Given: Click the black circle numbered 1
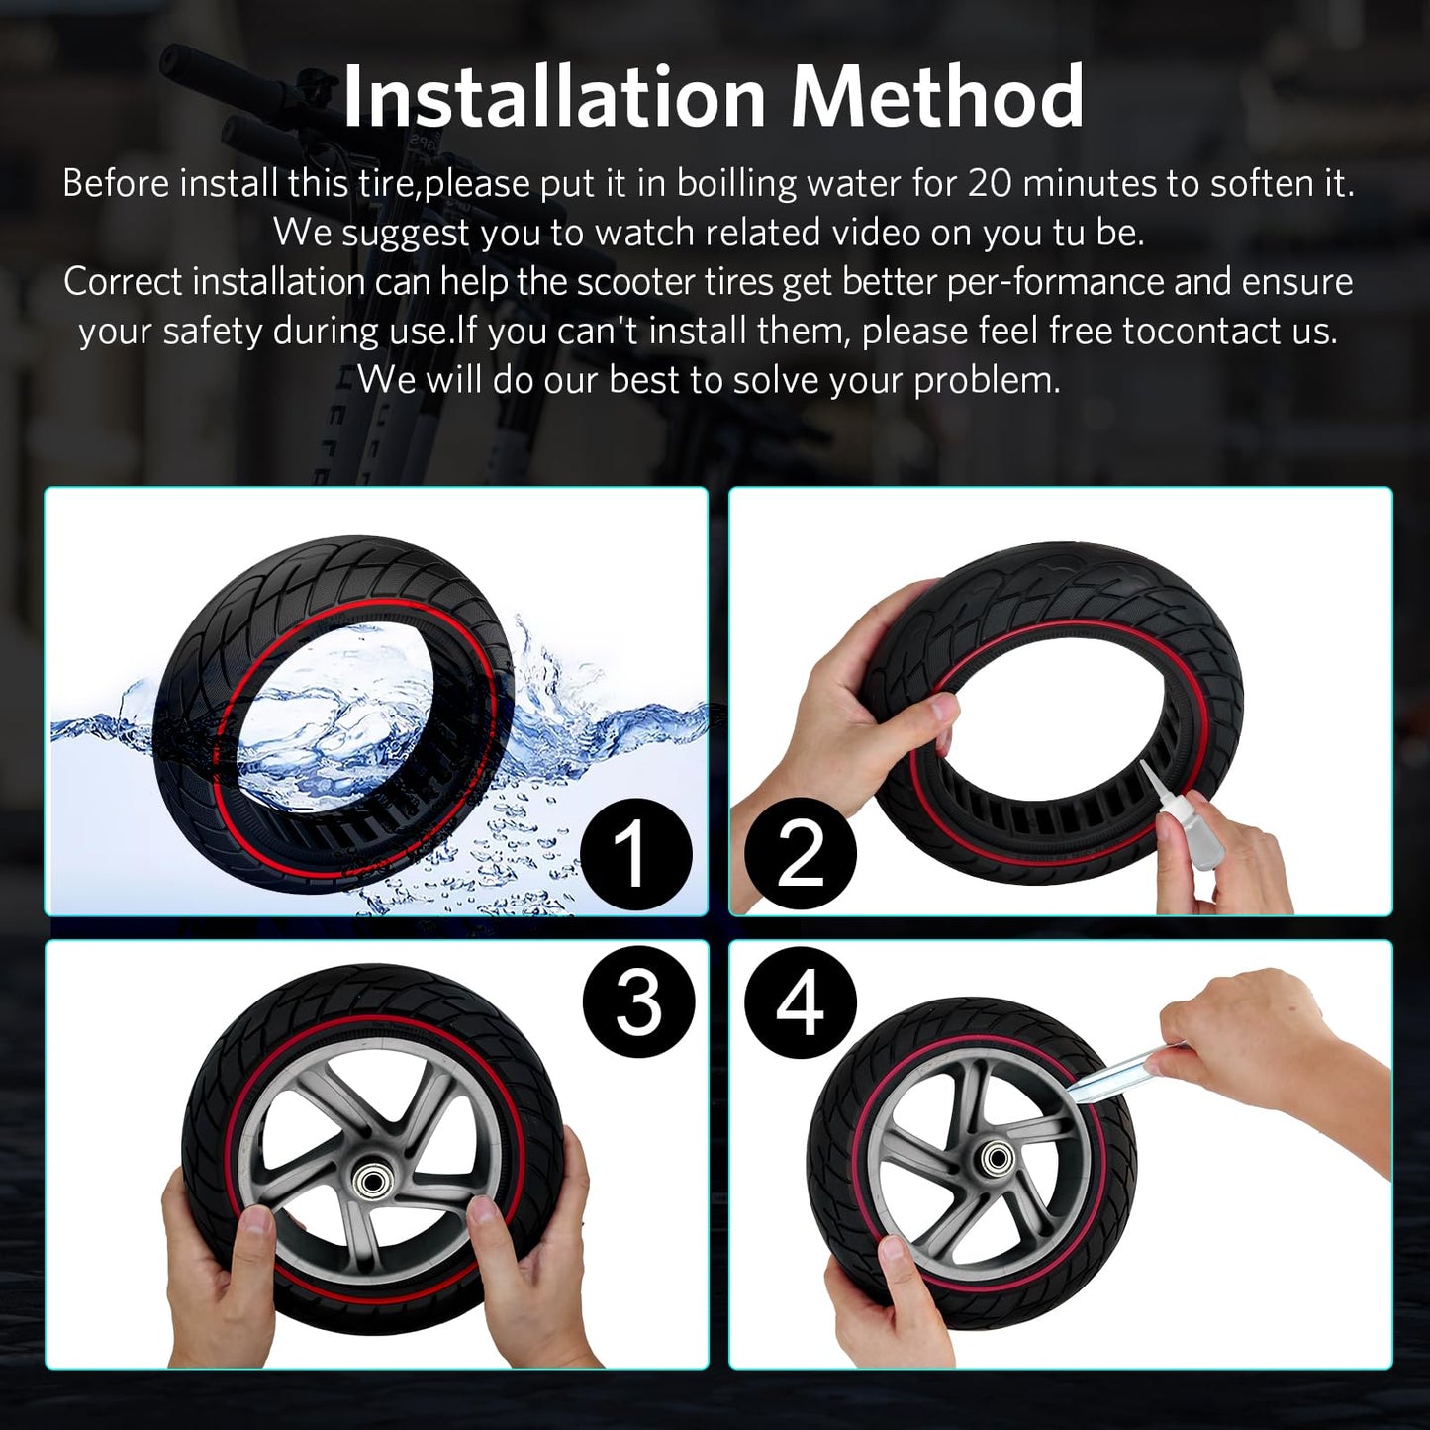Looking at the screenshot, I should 635,854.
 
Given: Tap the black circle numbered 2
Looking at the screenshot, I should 800,854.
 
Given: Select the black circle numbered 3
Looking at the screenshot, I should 638,1002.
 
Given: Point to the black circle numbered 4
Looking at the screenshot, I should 800,1002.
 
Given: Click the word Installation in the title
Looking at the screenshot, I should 555,97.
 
